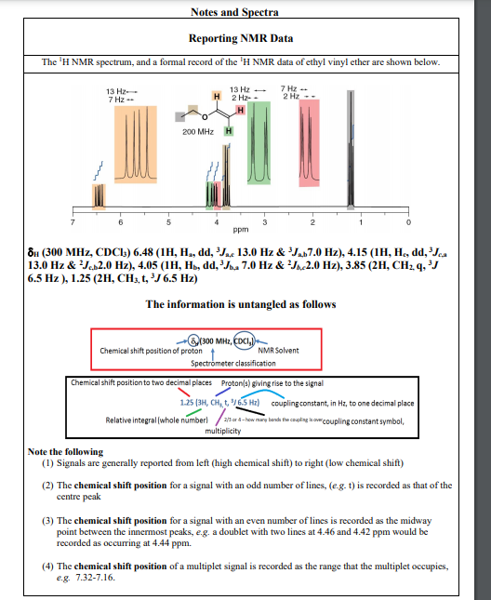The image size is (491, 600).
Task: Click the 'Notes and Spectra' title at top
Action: [245, 12]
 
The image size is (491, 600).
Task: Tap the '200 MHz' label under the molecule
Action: [199, 133]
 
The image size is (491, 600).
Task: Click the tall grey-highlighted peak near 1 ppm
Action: [351, 149]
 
